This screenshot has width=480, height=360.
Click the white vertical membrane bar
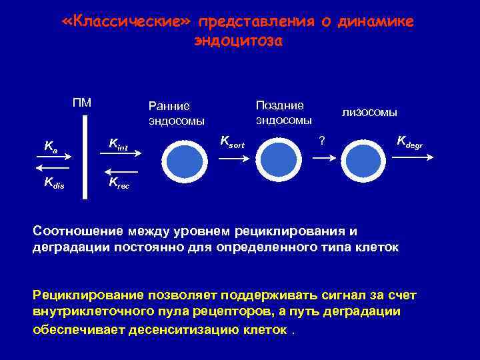pos(85,157)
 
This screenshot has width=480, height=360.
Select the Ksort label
pos(232,141)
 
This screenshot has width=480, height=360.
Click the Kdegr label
pos(409,141)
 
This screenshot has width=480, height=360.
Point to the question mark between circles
pos(322,140)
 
